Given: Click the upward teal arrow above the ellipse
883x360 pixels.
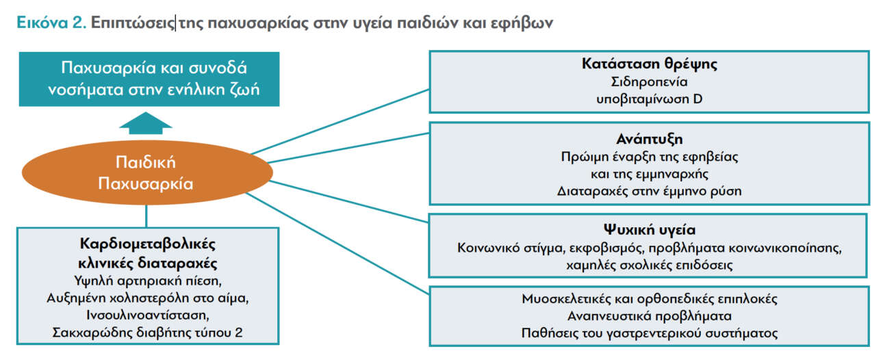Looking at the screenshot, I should [x=145, y=124].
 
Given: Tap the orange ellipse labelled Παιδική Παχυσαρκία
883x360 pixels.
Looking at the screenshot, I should [x=145, y=173].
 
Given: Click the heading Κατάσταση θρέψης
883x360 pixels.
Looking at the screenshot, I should [x=650, y=65].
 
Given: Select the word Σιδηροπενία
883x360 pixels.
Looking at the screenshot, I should [x=650, y=82].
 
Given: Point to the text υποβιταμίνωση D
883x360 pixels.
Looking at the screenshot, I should [x=650, y=99].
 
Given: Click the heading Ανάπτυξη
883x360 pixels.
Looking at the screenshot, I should [x=650, y=140].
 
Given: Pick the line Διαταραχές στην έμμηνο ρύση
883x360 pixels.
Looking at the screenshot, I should [x=650, y=192].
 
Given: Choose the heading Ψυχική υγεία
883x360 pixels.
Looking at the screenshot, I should [x=650, y=230].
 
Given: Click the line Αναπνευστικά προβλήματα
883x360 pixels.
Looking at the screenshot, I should [x=650, y=316].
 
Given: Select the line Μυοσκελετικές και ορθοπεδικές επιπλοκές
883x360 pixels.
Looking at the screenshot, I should [x=650, y=299].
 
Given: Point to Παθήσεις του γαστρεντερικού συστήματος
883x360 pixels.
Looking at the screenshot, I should [x=650, y=333].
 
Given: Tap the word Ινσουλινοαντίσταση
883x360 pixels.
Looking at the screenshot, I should [x=147, y=315].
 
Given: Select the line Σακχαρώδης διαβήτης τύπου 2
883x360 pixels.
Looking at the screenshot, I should [x=147, y=333].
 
